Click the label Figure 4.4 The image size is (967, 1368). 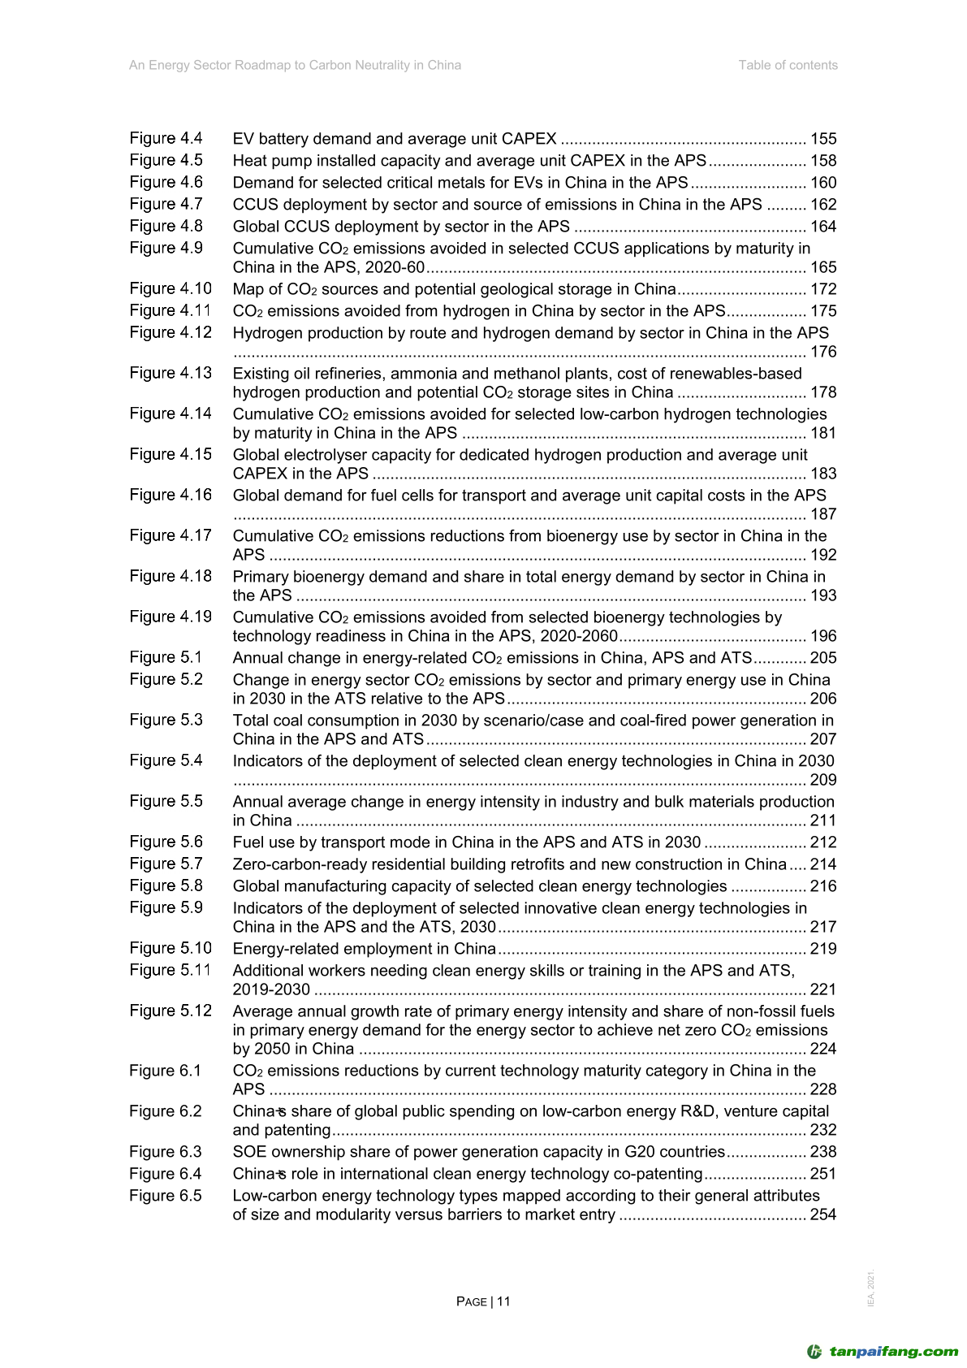point(166,139)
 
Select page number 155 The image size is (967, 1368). point(822,139)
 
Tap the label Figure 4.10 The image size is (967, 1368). point(171,289)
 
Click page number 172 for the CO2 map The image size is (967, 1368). point(822,289)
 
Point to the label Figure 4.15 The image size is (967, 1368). point(171,455)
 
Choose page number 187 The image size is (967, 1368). point(822,514)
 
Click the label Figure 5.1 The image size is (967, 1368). point(166,658)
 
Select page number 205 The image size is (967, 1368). point(822,658)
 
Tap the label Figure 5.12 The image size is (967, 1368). point(171,1011)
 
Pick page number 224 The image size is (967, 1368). point(822,1049)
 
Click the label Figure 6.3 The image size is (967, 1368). point(166,1152)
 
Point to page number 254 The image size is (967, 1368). point(822,1214)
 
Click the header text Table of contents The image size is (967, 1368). point(788,65)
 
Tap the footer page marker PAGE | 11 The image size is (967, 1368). point(483,1301)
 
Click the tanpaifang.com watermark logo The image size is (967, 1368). point(883,1352)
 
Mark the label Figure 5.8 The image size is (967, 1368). point(166,886)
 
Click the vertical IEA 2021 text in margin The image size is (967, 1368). point(871,1288)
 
